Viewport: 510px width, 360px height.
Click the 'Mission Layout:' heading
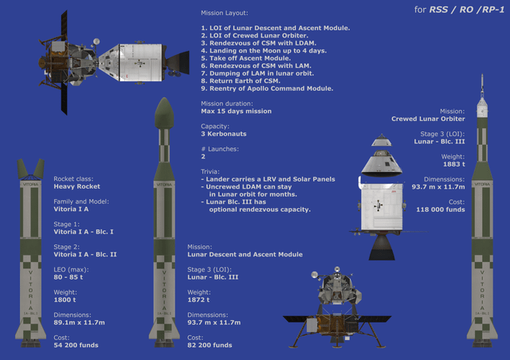pyautogui.click(x=225, y=14)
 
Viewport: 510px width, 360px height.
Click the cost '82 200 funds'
pyautogui.click(x=210, y=345)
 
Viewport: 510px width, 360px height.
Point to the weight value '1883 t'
pyautogui.click(x=451, y=164)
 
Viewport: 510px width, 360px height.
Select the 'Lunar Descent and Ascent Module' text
pyautogui.click(x=245, y=254)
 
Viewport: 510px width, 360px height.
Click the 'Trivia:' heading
pyautogui.click(x=211, y=171)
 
